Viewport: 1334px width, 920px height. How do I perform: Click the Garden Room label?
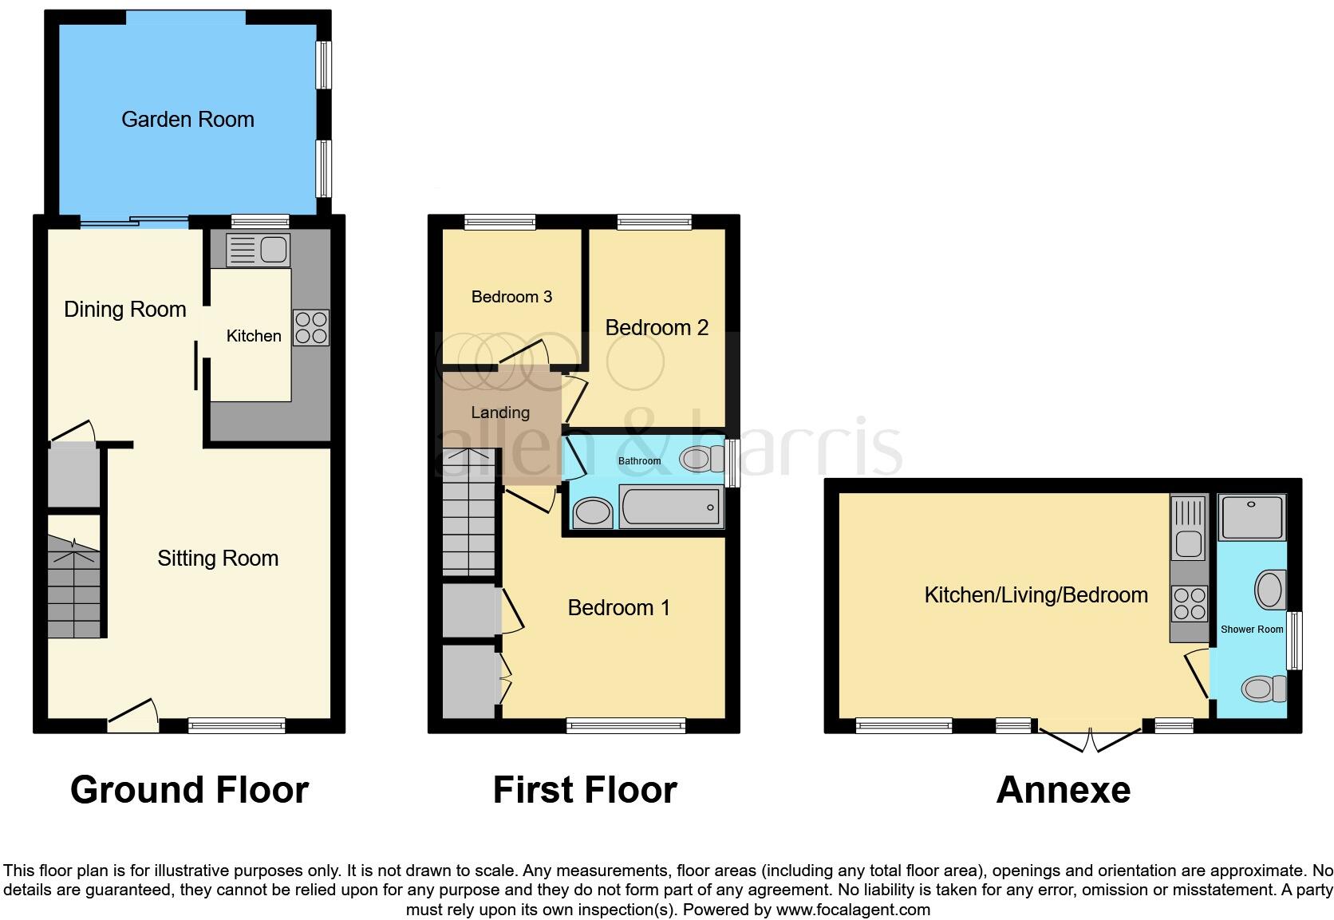click(x=187, y=120)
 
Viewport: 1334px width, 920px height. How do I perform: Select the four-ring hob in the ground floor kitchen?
click(x=311, y=327)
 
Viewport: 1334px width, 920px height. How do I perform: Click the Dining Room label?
click(x=125, y=310)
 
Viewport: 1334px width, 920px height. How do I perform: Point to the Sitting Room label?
click(x=218, y=559)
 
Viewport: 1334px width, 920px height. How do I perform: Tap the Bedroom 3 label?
click(x=511, y=297)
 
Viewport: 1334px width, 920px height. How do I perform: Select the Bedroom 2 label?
click(x=657, y=328)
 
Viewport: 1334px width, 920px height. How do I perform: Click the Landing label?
click(x=500, y=413)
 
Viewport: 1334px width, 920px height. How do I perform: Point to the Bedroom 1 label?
click(x=618, y=608)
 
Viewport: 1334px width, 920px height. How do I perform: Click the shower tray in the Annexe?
click(x=1252, y=517)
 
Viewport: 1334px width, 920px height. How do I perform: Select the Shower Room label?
click(x=1252, y=630)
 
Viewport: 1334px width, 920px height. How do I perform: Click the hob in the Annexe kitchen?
click(x=1189, y=602)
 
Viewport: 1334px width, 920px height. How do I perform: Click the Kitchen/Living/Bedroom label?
click(x=1036, y=595)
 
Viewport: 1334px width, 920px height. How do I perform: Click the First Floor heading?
click(x=585, y=790)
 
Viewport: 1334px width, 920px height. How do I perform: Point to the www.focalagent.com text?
click(x=853, y=910)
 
